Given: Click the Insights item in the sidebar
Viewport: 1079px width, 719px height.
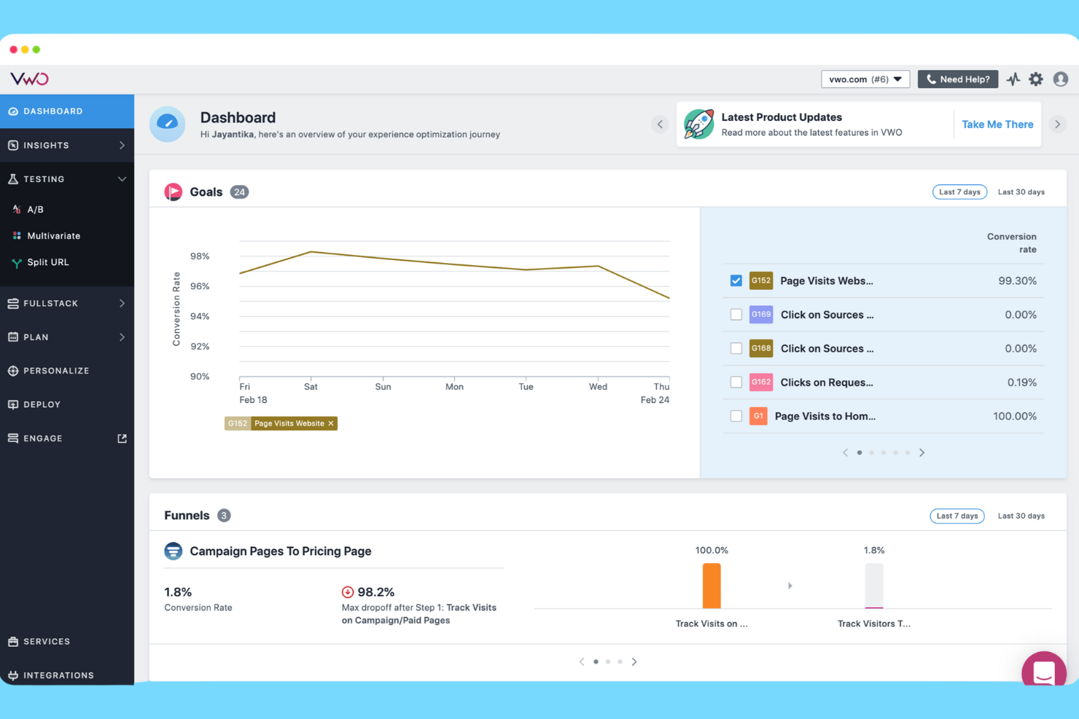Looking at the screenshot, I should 47,146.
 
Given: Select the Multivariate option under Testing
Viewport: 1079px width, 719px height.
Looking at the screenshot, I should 53,236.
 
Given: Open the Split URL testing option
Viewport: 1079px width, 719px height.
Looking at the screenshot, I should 47,262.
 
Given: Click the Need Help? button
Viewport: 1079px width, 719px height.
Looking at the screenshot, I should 957,79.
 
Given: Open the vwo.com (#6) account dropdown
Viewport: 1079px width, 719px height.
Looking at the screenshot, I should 865,79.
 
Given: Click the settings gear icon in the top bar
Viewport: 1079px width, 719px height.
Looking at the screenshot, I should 1036,79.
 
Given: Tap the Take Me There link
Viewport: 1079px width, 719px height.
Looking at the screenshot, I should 997,125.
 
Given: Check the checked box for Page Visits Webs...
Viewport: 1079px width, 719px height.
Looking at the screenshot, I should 736,281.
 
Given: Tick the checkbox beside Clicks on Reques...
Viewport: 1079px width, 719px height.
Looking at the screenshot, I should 736,382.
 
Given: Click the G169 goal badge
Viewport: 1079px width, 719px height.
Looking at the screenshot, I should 760,315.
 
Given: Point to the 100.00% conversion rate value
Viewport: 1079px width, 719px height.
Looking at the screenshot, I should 1014,417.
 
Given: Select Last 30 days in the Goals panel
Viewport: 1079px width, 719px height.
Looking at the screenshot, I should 1021,192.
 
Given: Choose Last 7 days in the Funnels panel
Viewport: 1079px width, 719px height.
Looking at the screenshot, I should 957,516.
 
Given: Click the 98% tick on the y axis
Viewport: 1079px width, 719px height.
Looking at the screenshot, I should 200,256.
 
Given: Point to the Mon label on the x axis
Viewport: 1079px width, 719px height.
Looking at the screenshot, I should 454,387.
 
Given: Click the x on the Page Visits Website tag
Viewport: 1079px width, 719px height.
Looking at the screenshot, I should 331,423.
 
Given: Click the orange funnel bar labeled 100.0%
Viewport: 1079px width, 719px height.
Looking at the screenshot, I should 712,586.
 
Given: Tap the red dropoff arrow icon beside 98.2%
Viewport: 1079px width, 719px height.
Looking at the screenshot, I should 348,592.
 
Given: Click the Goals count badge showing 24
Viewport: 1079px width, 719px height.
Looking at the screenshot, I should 239,192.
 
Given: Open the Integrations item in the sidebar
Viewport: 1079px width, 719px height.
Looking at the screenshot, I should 58,675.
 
